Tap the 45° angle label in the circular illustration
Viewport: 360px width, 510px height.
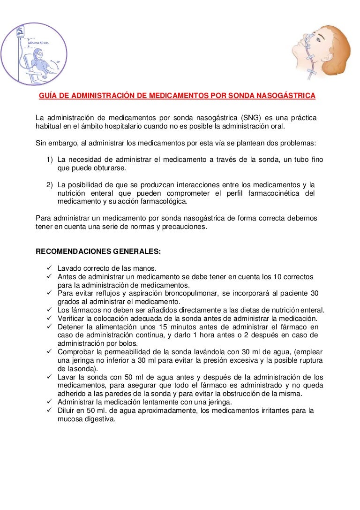pos(58,61)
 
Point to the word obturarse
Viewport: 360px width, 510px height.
pos(111,168)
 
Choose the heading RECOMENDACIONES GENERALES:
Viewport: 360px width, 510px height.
pos(98,251)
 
